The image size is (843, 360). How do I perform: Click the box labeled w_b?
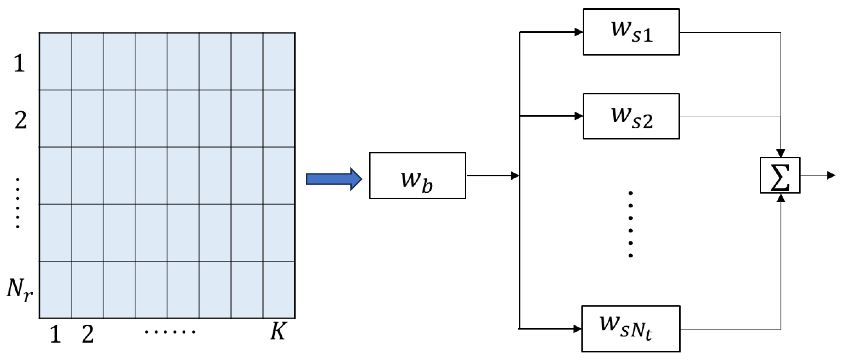pyautogui.click(x=417, y=175)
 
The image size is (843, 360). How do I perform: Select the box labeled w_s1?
pyautogui.click(x=631, y=32)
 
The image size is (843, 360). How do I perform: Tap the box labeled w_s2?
pyautogui.click(x=631, y=117)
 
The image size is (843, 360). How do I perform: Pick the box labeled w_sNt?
pyautogui.click(x=631, y=329)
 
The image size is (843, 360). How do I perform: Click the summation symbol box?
pyautogui.click(x=780, y=175)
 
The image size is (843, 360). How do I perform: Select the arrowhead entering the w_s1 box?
pyautogui.click(x=579, y=32)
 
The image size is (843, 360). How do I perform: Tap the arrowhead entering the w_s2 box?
pyautogui.click(x=579, y=116)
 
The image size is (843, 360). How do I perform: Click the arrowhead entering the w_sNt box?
pyautogui.click(x=577, y=329)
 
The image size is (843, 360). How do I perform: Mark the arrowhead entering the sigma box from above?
pyautogui.click(x=781, y=153)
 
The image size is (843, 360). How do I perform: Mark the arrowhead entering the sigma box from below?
pyautogui.click(x=781, y=198)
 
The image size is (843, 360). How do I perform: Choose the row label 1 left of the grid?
pyautogui.click(x=19, y=63)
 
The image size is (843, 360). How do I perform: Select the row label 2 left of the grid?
pyautogui.click(x=21, y=120)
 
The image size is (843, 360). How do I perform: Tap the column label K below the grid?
pyautogui.click(x=278, y=332)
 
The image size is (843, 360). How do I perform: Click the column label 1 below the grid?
pyautogui.click(x=55, y=335)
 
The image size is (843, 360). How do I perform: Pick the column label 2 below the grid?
pyautogui.click(x=87, y=335)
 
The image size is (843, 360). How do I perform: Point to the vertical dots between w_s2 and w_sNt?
pyautogui.click(x=631, y=224)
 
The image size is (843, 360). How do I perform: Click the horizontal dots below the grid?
pyautogui.click(x=170, y=332)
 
